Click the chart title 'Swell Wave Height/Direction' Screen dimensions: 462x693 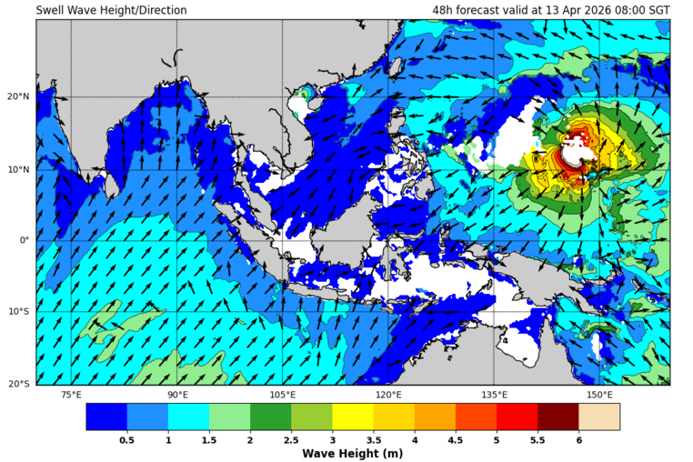coord(111,10)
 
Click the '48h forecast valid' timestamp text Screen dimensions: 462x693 coord(551,10)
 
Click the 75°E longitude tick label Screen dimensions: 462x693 coord(71,395)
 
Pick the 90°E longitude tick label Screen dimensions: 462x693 coord(177,395)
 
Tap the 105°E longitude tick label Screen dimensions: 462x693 coord(283,395)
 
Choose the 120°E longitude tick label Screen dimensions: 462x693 coord(388,395)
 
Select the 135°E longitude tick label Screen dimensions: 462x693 coord(494,395)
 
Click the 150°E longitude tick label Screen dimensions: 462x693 coord(599,395)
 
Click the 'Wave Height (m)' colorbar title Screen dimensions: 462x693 coord(352,453)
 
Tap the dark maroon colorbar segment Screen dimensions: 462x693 coord(557,417)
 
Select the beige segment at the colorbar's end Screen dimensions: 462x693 coord(599,417)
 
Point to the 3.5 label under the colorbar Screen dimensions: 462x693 coord(373,439)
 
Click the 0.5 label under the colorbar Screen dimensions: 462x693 coord(127,439)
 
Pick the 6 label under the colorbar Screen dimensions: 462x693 coord(578,439)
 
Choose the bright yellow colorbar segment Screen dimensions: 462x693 coord(352,417)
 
